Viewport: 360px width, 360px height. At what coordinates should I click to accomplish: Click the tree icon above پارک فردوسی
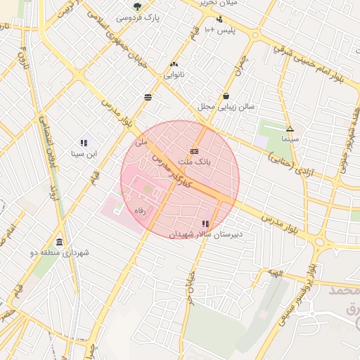[x=137, y=6]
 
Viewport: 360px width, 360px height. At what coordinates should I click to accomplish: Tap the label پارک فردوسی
[x=137, y=17]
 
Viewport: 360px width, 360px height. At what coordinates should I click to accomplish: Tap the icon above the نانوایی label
[x=174, y=63]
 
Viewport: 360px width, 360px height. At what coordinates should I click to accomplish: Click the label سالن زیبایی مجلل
[x=226, y=107]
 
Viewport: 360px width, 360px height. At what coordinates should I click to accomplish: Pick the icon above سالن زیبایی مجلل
[x=226, y=96]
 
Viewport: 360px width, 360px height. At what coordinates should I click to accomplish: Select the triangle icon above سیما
[x=290, y=129]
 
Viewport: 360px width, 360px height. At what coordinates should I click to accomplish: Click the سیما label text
[x=290, y=139]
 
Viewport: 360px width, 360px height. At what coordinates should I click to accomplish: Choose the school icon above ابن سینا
[x=84, y=143]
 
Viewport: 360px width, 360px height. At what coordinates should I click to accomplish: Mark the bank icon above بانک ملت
[x=195, y=151]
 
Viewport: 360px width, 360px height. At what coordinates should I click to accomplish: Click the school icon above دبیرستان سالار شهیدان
[x=205, y=223]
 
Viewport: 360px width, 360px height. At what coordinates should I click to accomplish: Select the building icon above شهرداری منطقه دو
[x=59, y=241]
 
